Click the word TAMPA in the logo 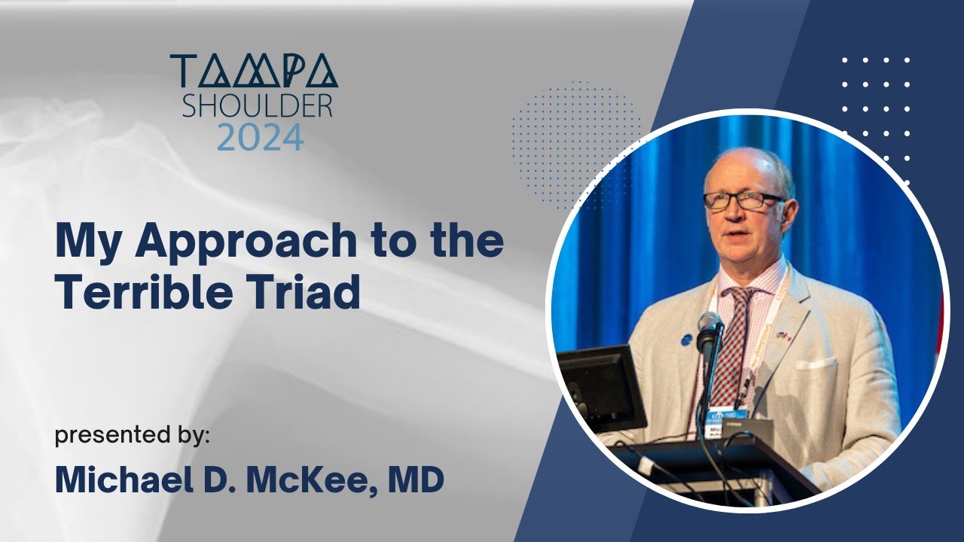[x=254, y=72]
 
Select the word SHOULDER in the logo [x=256, y=107]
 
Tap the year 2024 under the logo [x=260, y=139]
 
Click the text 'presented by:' [x=132, y=436]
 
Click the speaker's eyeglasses [x=743, y=201]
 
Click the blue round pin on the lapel [x=686, y=340]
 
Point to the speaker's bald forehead [x=738, y=169]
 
